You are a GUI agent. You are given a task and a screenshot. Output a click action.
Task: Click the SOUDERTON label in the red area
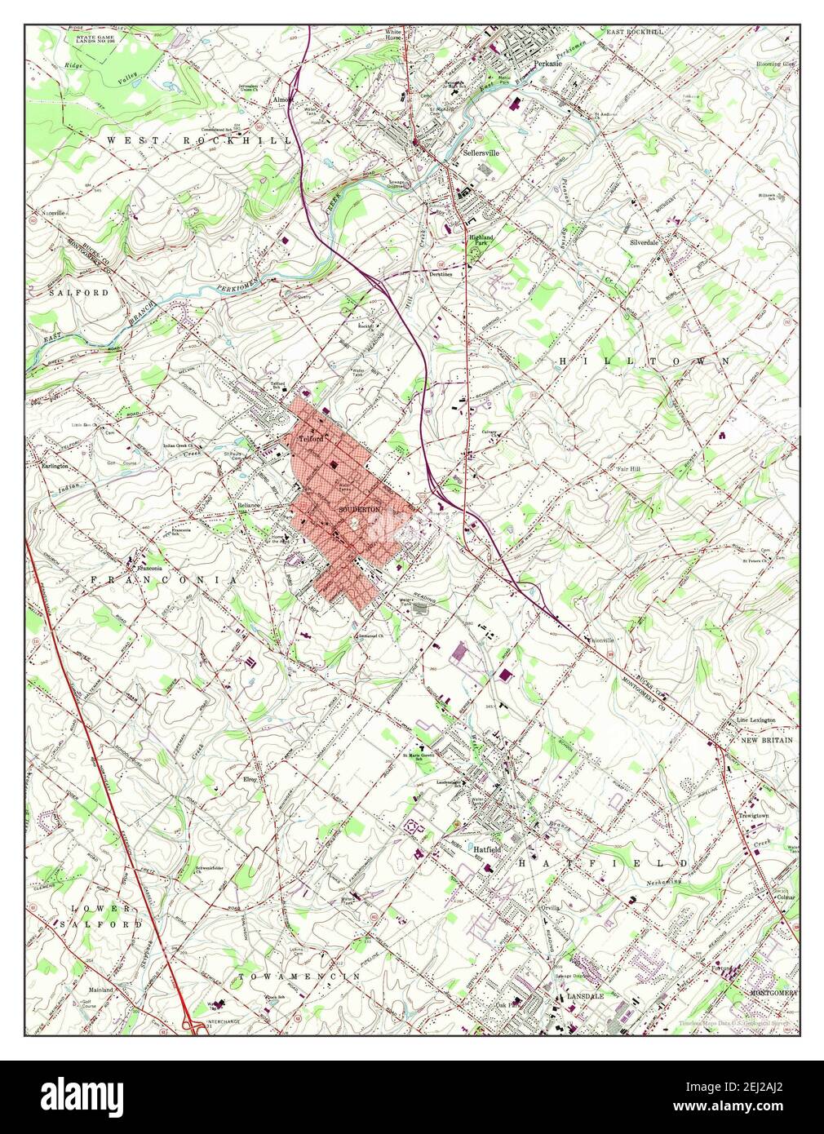[359, 509]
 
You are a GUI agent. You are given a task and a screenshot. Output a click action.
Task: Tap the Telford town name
[312, 438]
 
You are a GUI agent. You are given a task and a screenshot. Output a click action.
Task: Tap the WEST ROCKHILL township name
[199, 140]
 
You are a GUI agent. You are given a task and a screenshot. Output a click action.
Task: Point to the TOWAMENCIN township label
[299, 976]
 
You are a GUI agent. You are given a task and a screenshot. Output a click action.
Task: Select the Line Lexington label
[755, 720]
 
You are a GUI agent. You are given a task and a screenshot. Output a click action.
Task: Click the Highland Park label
[481, 233]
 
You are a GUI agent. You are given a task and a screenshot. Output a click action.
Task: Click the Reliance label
[248, 506]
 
